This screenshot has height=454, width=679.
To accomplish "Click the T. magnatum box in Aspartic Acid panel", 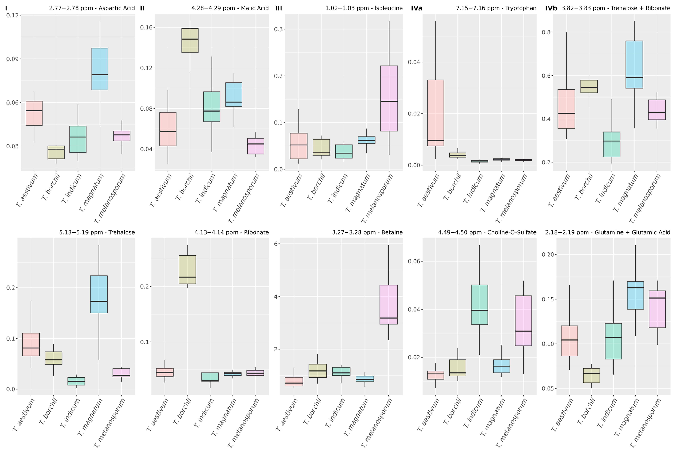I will tap(100, 69).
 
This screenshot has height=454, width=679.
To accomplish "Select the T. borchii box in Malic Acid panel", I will tap(190, 41).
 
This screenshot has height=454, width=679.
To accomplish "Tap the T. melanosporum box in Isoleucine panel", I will tap(389, 98).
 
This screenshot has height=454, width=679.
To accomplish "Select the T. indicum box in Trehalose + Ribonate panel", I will tap(612, 144).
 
